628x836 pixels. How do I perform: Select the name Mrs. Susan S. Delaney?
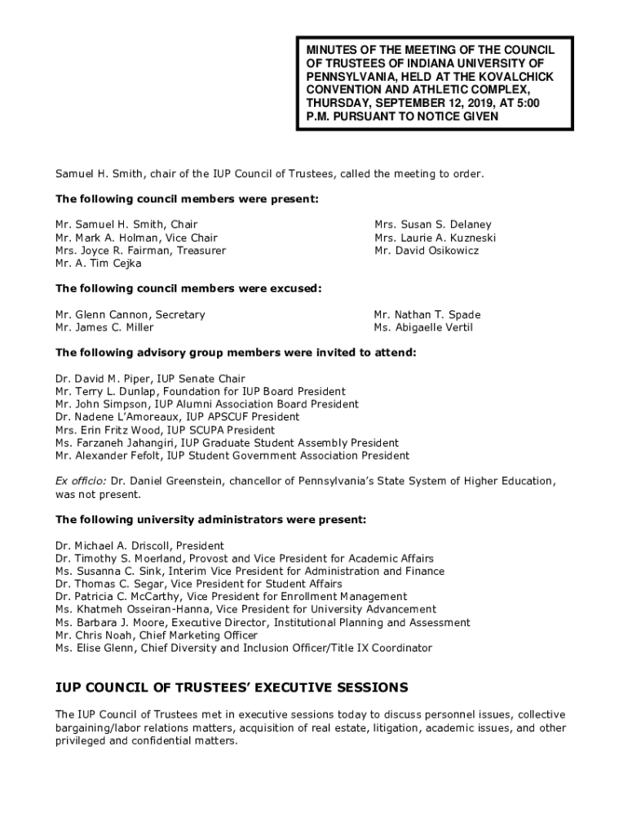432,225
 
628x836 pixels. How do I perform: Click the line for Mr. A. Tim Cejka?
98,264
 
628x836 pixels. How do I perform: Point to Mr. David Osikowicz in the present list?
426,251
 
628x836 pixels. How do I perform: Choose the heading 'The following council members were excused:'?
188,288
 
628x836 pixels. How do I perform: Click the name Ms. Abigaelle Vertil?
422,327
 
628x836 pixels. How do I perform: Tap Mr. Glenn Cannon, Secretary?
130,314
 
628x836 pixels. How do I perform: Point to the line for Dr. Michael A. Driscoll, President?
139,545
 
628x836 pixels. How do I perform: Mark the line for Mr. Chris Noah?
156,635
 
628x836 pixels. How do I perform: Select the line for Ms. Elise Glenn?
244,648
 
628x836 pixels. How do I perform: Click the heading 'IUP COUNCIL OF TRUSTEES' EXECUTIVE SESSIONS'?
232,687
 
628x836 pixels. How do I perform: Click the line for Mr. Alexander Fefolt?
232,456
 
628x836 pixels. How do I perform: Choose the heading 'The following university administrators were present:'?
210,519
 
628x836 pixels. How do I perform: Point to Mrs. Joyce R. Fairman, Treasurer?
140,251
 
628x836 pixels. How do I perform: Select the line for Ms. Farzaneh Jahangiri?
227,443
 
